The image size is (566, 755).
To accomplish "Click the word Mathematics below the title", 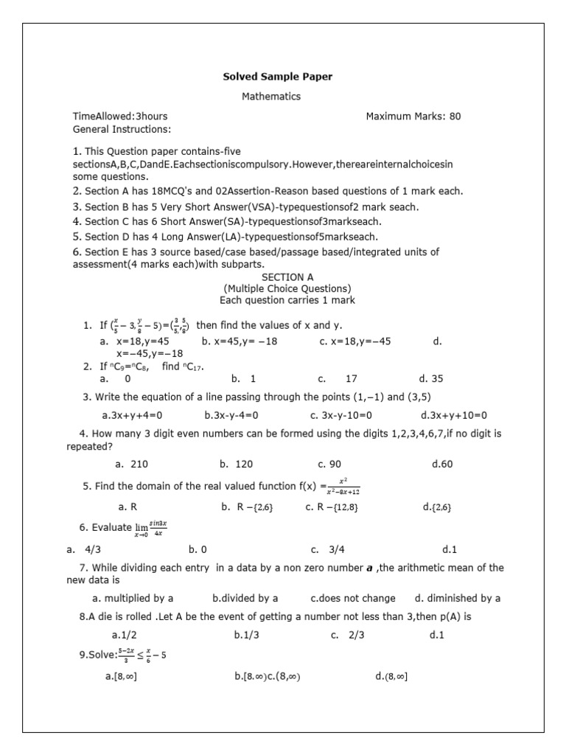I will point(271,97).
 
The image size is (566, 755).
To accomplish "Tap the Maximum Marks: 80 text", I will point(413,116).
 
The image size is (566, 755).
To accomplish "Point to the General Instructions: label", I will point(122,130).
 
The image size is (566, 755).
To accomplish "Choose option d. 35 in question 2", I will point(431,379).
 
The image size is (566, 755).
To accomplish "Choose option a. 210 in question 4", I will point(132,465).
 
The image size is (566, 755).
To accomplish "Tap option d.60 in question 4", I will point(442,465).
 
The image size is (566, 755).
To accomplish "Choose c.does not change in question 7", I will point(353,598).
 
